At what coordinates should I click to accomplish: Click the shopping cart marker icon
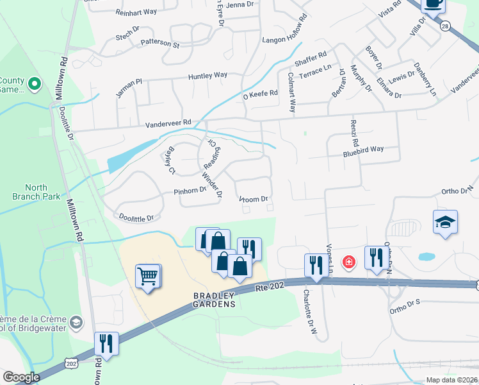[148, 277]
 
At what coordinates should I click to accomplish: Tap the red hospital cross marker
[348, 262]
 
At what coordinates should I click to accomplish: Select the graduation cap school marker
[446, 222]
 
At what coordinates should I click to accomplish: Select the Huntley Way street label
[207, 76]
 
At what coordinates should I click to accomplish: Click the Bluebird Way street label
[363, 149]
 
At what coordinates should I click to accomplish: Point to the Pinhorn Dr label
[190, 191]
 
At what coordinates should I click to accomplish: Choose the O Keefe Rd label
[259, 94]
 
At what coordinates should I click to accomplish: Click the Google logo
[21, 377]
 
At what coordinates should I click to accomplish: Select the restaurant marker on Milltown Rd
[106, 343]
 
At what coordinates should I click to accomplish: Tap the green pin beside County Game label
[35, 83]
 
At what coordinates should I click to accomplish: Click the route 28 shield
[444, 24]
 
